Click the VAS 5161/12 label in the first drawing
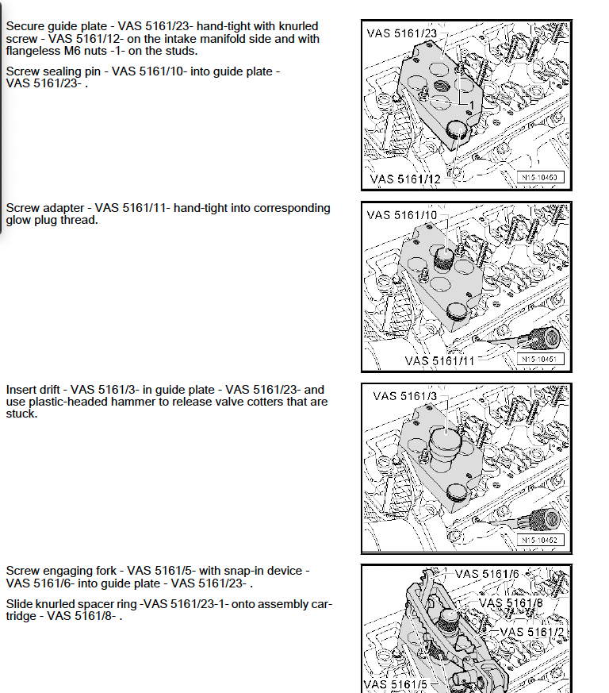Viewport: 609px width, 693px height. tap(404, 180)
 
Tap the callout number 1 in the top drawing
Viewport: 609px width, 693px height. tap(471, 105)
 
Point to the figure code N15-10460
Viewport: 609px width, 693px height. tap(542, 177)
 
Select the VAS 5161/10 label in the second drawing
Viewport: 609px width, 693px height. tap(402, 215)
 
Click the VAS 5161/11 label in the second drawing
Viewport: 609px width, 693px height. tap(440, 360)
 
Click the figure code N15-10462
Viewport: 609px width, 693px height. tap(542, 541)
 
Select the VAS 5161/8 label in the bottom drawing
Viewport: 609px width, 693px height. tap(511, 603)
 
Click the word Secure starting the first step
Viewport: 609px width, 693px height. tap(24, 26)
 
